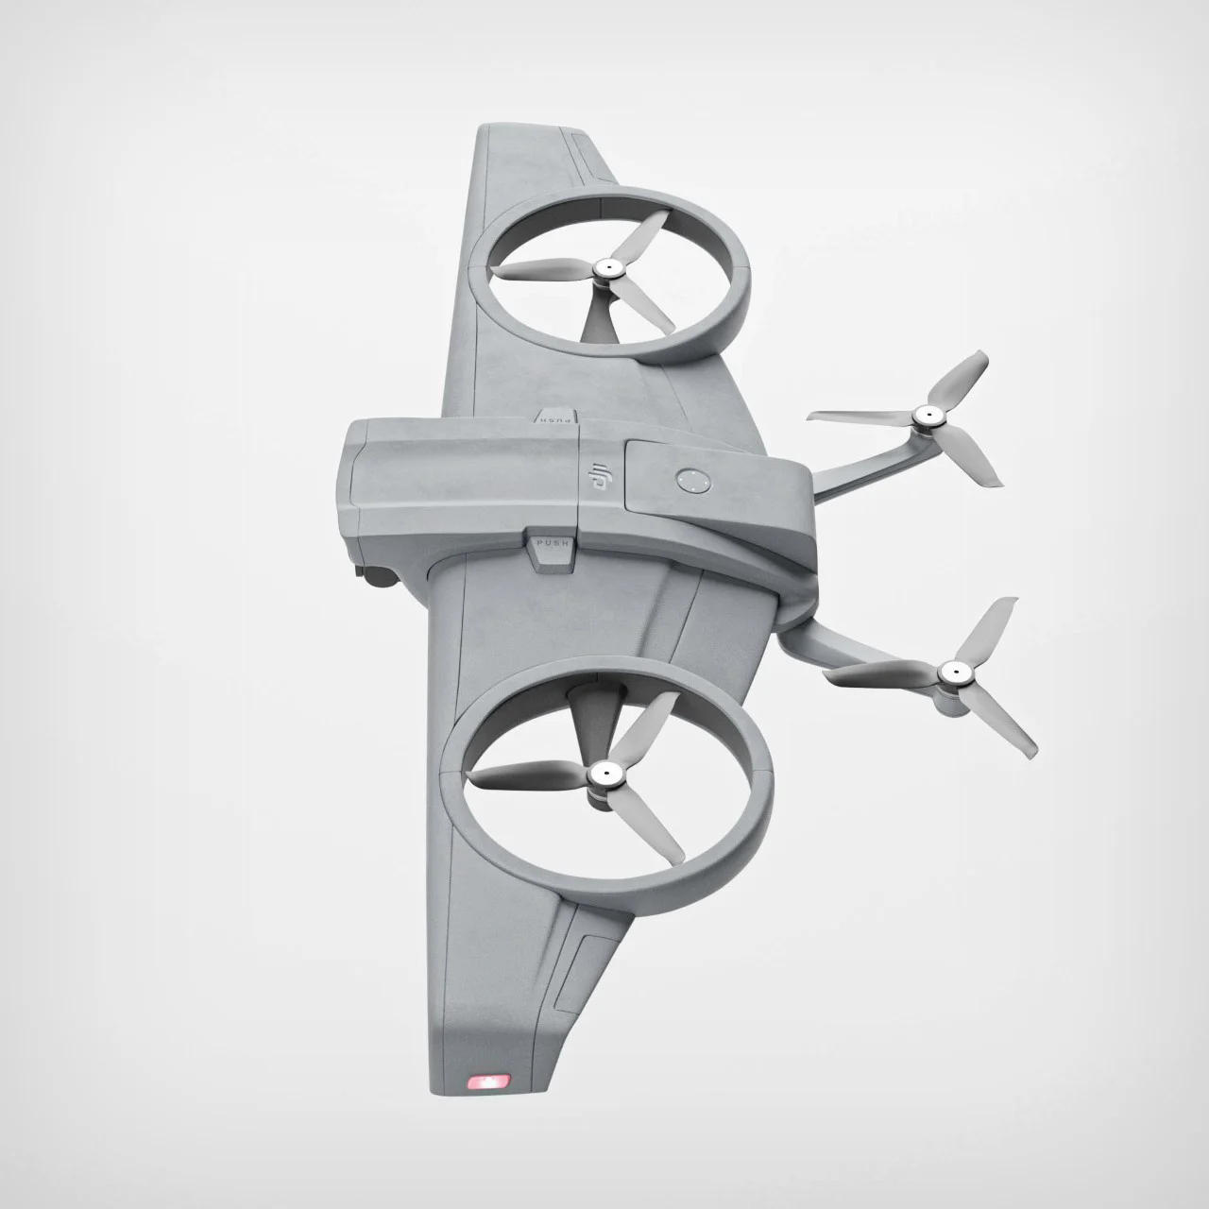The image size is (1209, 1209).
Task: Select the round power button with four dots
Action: tap(692, 481)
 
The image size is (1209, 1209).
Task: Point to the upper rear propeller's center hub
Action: tap(928, 415)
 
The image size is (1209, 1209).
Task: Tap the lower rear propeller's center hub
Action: tap(952, 673)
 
